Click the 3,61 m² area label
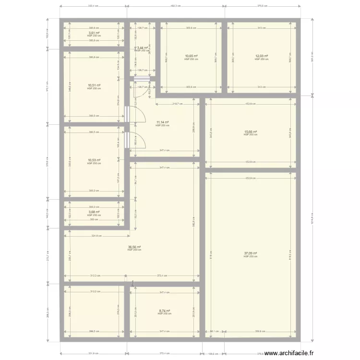pyautogui.click(x=94, y=33)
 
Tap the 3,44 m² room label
pyautogui.click(x=143, y=48)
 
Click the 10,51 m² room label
pyautogui.click(x=94, y=85)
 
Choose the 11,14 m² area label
pyautogui.click(x=162, y=122)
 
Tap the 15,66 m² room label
pyautogui.click(x=250, y=132)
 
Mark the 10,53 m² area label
pyautogui.click(x=94, y=160)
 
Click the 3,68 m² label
pyautogui.click(x=94, y=212)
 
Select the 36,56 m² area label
pyautogui.click(x=134, y=247)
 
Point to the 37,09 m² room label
pyautogui.click(x=250, y=253)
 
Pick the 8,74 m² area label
pyautogui.click(x=165, y=311)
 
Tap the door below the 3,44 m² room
pyautogui.click(x=143, y=80)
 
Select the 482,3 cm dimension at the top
pyautogui.click(x=175, y=6)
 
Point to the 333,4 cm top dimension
pyautogui.click(x=93, y=6)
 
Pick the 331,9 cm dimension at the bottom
pyautogui.click(x=93, y=354)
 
